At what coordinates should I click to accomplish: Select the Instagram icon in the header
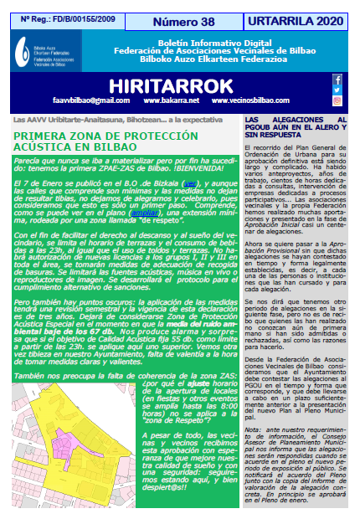pos(337,100)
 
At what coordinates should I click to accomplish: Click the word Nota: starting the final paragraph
pos(255,427)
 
